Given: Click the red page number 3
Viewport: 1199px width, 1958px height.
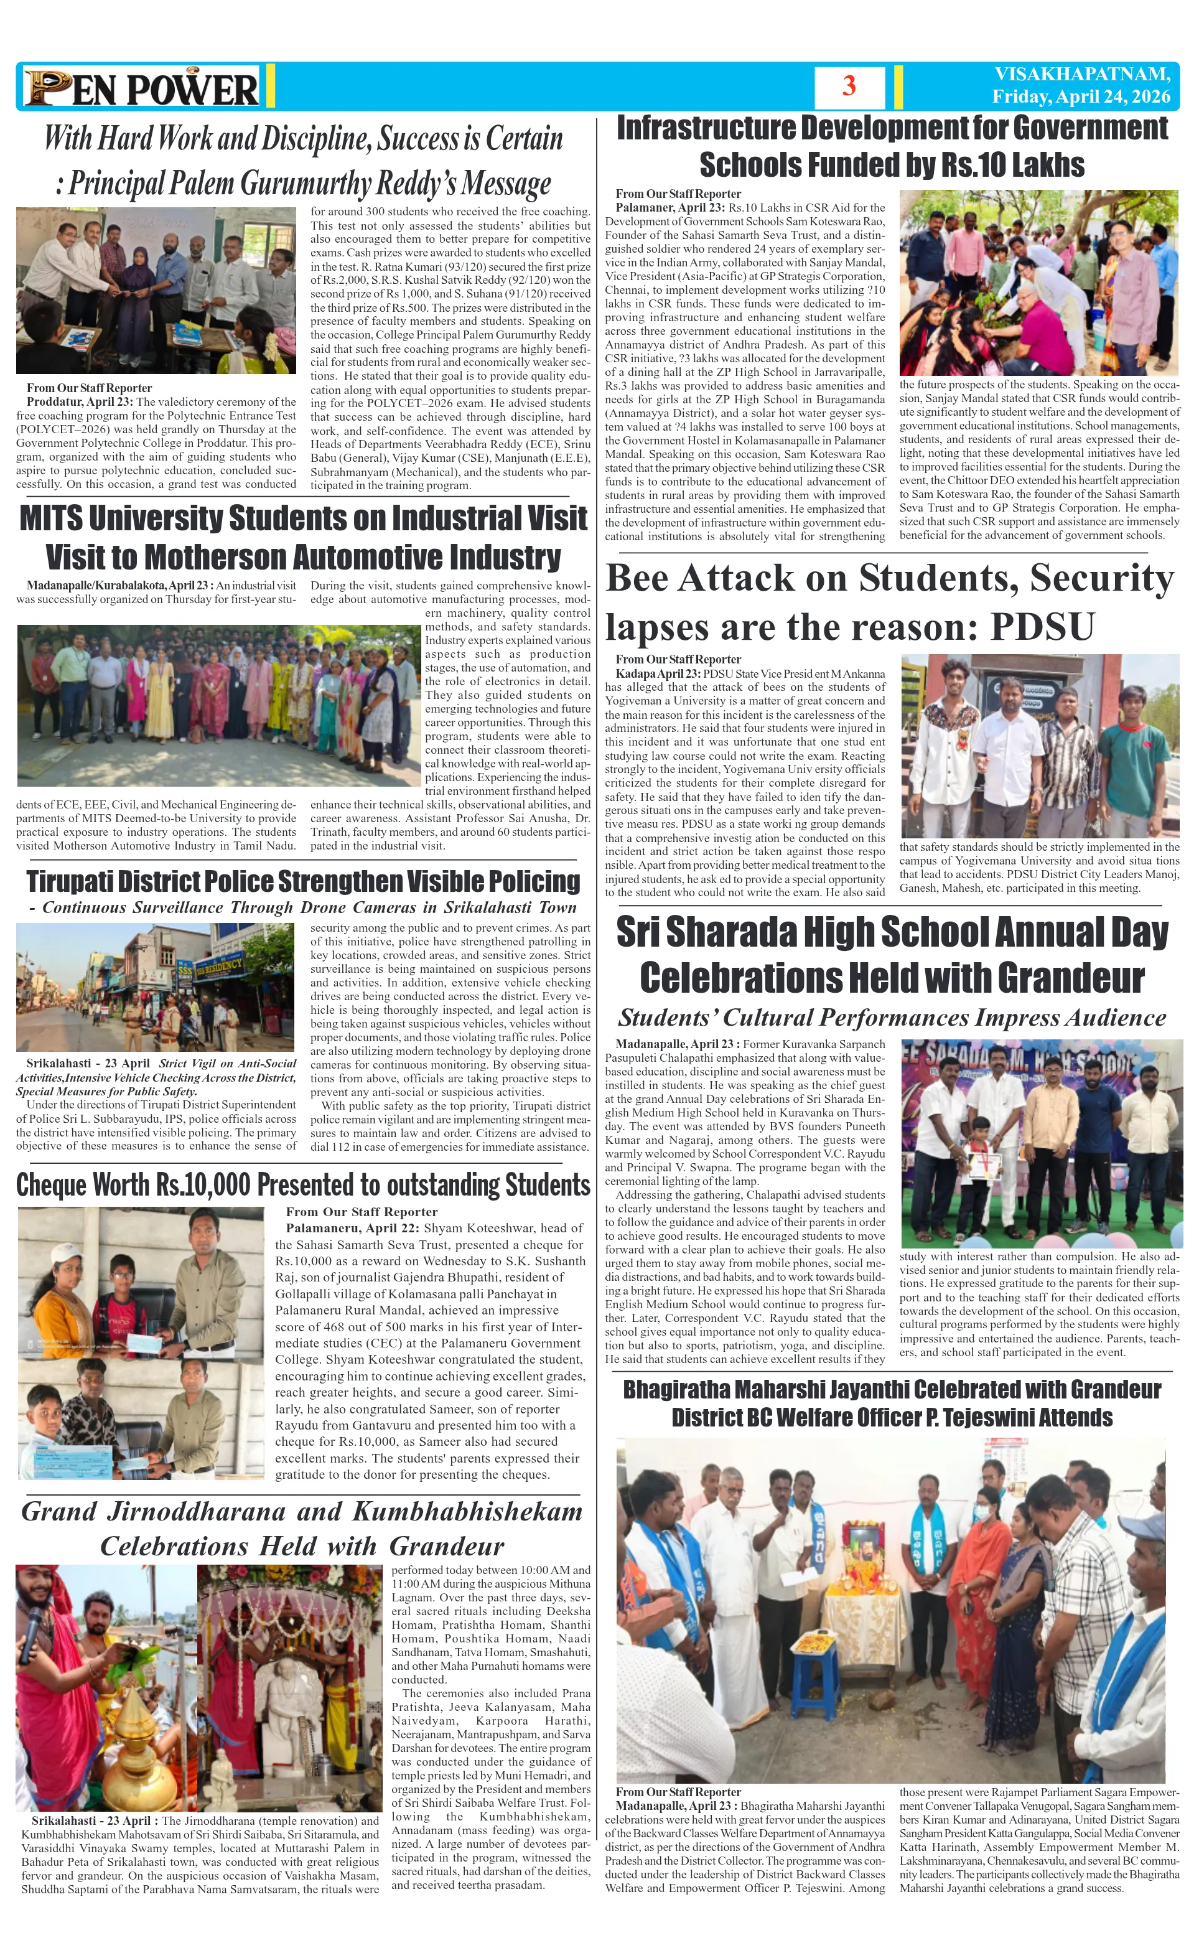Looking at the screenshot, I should click(849, 86).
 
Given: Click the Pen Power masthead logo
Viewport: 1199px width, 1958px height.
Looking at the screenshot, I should click(141, 87).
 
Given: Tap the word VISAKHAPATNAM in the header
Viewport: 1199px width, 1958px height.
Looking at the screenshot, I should click(1082, 74).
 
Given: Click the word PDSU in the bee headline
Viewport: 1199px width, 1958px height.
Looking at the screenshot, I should click(1042, 627).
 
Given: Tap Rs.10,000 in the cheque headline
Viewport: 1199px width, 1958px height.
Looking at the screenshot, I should click(203, 1185).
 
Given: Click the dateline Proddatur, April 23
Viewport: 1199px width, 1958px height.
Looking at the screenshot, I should click(80, 402).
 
